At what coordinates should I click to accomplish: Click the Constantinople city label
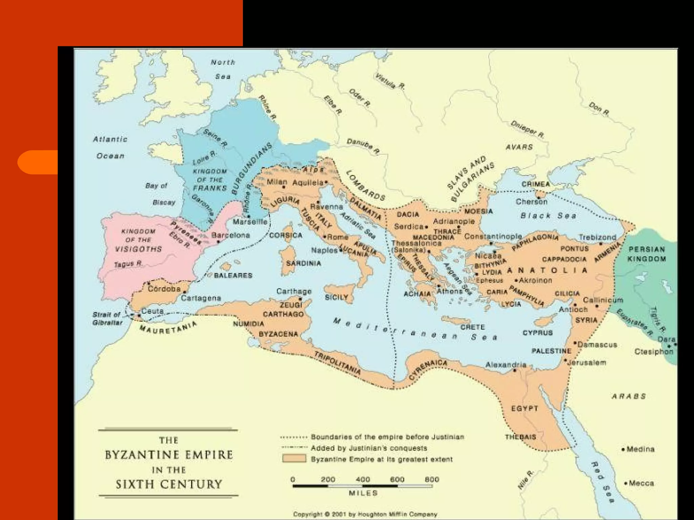(x=493, y=236)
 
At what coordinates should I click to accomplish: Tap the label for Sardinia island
(x=303, y=263)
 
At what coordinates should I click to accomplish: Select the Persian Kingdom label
(x=647, y=254)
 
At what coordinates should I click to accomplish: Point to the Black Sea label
(x=548, y=216)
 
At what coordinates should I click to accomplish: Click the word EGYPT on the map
(x=524, y=408)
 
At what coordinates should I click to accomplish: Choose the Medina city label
(x=640, y=449)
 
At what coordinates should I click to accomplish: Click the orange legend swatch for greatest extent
(x=294, y=459)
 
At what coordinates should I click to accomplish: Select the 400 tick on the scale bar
(x=363, y=479)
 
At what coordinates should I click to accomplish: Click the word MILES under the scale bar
(x=363, y=493)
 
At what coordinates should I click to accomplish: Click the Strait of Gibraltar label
(x=107, y=319)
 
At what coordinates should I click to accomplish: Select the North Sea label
(x=223, y=69)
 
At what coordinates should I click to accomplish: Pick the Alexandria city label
(x=506, y=365)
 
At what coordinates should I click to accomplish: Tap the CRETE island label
(x=472, y=327)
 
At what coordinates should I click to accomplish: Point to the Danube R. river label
(x=363, y=146)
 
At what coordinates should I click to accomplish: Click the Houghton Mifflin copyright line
(x=365, y=514)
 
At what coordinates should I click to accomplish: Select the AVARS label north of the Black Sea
(x=519, y=147)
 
